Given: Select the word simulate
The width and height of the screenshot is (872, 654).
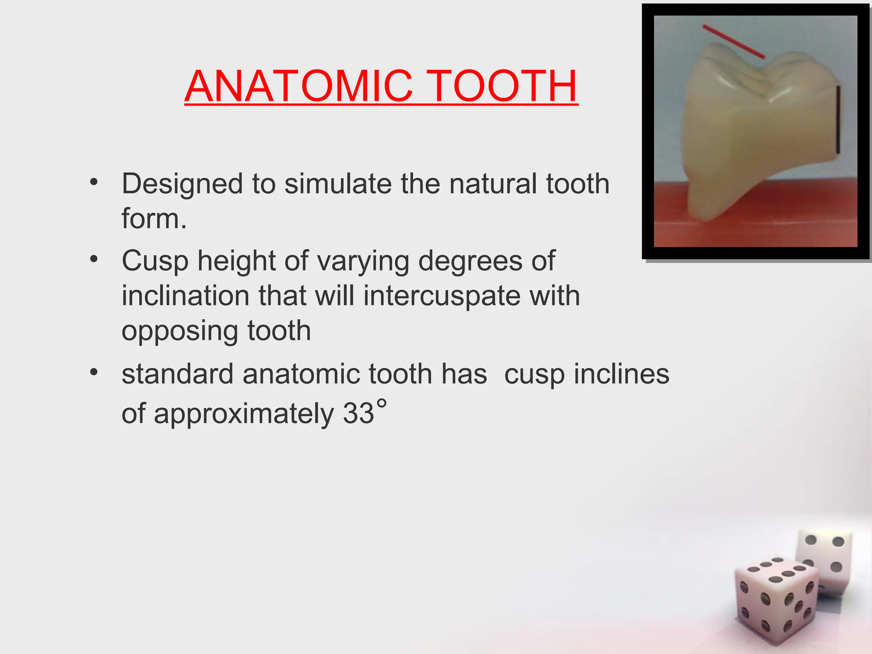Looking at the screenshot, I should coord(338,184).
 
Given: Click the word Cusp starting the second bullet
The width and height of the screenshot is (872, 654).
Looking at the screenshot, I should coord(155,261).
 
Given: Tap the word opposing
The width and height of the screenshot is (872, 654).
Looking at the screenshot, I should coord(179,331).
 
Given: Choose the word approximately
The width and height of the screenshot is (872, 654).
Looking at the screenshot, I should coord(244,413).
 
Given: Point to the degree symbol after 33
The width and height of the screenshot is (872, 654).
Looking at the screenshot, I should coord(382,403).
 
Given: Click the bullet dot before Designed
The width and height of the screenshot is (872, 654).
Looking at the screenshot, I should coord(94,183).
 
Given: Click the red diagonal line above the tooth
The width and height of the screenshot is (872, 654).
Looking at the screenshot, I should coord(733,41).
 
